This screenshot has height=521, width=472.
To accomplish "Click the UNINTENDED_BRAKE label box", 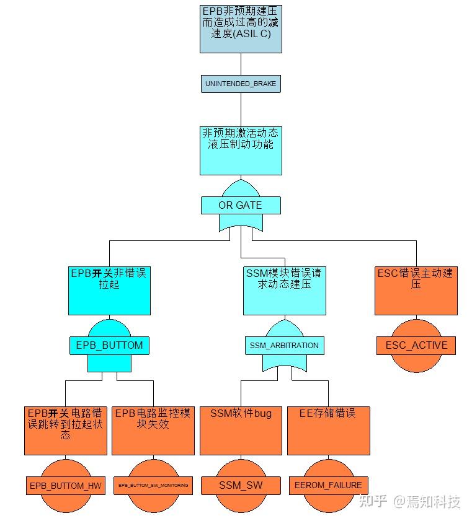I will [x=241, y=84].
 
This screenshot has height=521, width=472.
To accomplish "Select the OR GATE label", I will [x=241, y=205].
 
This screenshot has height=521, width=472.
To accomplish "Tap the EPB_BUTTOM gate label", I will [x=109, y=346].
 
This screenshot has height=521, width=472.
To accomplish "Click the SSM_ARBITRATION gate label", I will [x=284, y=346].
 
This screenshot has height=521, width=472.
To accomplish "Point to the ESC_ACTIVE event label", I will [x=416, y=345].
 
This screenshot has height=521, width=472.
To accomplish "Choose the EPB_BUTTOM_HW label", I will [x=65, y=485].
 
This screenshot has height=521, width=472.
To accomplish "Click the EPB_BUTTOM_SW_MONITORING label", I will [x=153, y=485].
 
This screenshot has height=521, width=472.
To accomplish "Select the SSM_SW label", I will [x=241, y=485].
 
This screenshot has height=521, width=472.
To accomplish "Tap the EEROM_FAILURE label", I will [x=328, y=485].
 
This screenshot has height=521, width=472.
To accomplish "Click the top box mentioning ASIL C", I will [x=241, y=28].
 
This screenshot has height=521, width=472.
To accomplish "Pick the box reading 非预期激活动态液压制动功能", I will [x=241, y=151].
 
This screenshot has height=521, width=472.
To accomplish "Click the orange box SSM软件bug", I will [x=241, y=431].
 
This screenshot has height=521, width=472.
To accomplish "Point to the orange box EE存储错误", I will [x=328, y=431].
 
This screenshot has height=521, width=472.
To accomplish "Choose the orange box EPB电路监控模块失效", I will [x=153, y=431].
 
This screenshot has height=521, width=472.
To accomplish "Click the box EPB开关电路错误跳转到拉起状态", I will [x=65, y=431].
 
